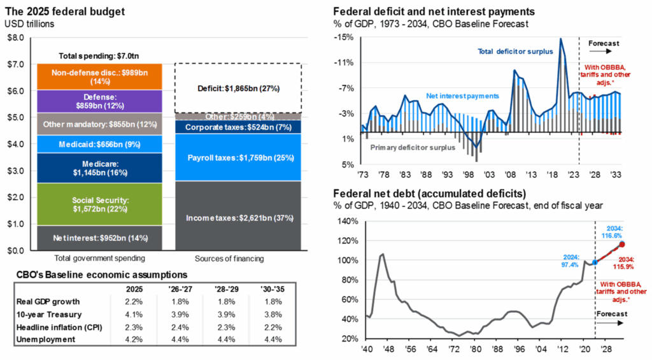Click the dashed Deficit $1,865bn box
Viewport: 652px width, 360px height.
[238, 88]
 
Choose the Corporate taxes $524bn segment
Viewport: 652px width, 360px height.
[238, 127]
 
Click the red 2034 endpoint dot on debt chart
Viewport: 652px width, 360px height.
[621, 244]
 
